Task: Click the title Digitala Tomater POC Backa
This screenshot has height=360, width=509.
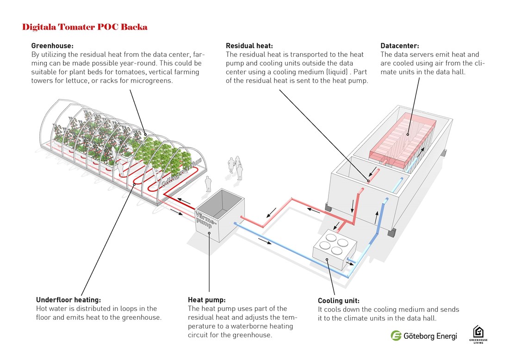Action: pos(85,27)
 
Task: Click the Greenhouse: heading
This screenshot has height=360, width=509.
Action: pos(52,46)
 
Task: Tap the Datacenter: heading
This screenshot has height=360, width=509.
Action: pos(400,46)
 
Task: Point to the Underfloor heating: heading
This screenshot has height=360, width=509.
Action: pos(68,299)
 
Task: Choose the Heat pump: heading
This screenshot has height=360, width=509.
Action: pos(207,299)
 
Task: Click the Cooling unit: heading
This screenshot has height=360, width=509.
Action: pos(338,300)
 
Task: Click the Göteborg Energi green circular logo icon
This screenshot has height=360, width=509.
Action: pos(396,335)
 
